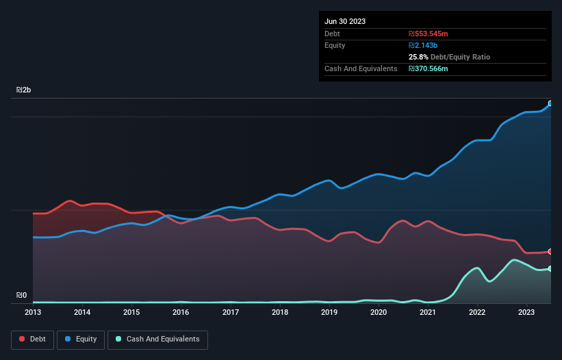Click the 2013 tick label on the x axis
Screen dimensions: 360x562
(33, 312)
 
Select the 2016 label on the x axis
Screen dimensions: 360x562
(181, 312)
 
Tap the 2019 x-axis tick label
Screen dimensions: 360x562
(329, 312)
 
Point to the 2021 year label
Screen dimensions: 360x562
(428, 312)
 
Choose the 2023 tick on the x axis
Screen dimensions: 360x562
(526, 312)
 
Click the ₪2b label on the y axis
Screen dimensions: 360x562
(24, 90)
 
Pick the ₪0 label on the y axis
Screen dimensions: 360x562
(22, 296)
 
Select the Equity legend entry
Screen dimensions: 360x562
(81, 339)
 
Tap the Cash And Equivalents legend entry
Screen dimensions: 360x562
(157, 339)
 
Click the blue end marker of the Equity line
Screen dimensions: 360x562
(550, 103)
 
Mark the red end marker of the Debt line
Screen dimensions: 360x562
(550, 252)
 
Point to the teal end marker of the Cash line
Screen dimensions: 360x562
(550, 268)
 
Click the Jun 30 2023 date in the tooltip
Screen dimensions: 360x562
(345, 21)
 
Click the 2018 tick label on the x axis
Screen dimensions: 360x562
(280, 312)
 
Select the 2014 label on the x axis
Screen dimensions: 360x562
(82, 312)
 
